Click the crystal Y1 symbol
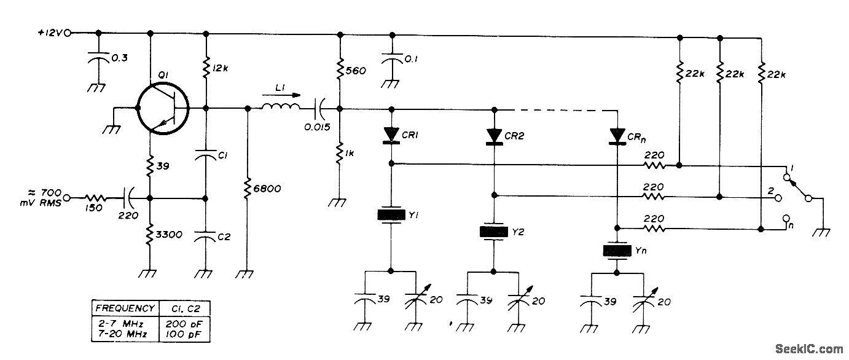391,214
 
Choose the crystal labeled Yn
616,250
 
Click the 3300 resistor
149,233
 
